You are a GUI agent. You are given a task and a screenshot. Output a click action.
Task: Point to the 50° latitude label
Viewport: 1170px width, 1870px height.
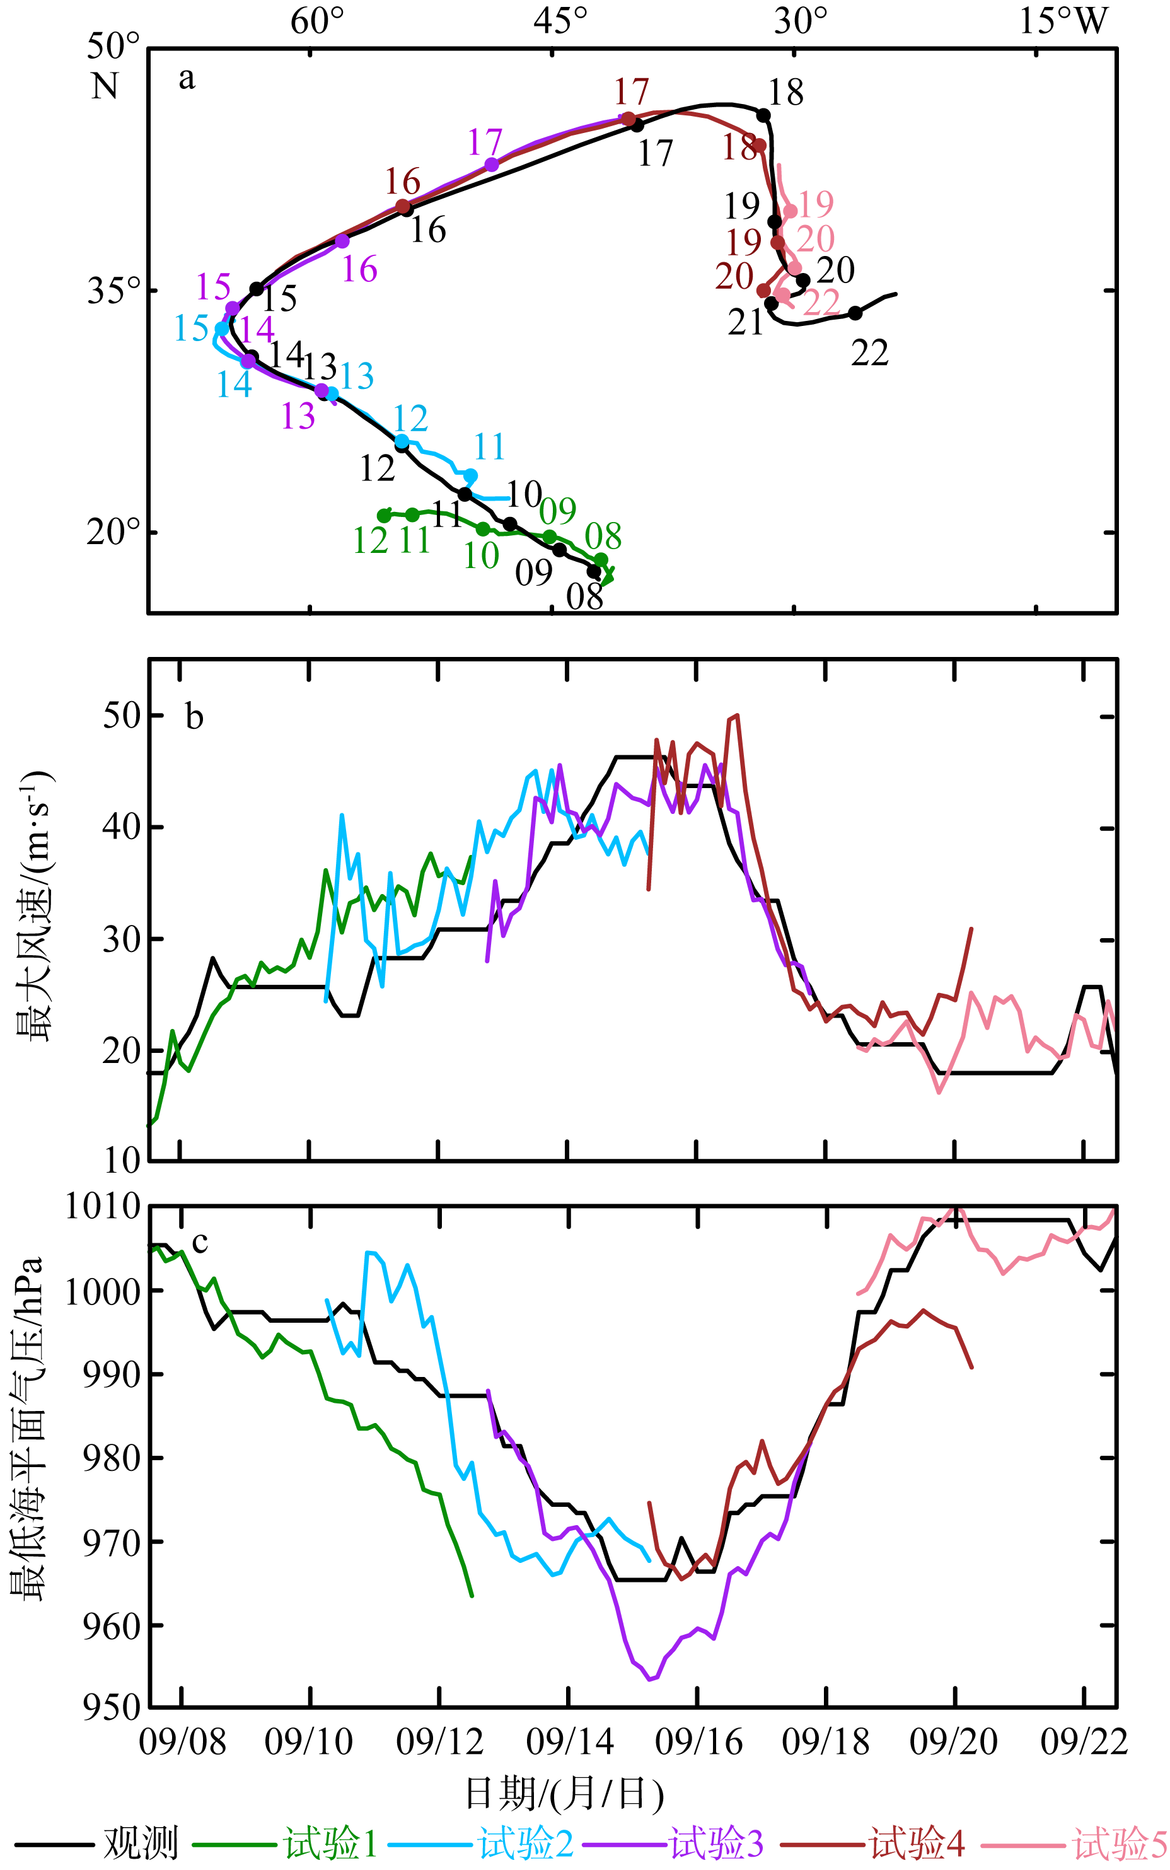(113, 47)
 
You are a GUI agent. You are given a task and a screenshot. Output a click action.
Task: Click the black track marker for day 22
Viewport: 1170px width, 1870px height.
(855, 313)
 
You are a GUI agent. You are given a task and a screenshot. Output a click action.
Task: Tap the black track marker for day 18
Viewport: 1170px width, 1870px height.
(763, 116)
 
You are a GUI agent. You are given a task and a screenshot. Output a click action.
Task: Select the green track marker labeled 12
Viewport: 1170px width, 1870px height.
(384, 515)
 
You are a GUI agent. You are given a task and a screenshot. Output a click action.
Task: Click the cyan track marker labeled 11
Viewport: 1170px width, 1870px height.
(470, 475)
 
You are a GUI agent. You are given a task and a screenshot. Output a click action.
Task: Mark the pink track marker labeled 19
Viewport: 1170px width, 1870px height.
(790, 211)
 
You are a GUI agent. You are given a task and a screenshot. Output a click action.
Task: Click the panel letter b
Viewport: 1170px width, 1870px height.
(194, 718)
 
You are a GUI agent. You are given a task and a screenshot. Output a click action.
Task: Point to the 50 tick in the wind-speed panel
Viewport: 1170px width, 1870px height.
(122, 716)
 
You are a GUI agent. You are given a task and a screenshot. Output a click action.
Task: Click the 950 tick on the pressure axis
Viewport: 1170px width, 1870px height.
(112, 1707)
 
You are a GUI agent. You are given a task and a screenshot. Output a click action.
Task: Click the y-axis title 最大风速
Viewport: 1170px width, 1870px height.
(33, 906)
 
